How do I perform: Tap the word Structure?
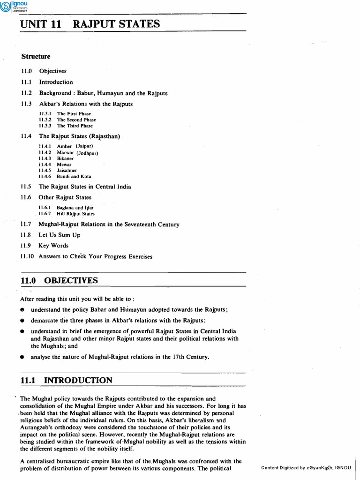pyautogui.click(x=36, y=57)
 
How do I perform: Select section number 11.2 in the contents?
pyautogui.click(x=25, y=93)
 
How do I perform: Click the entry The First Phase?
pyautogui.click(x=74, y=114)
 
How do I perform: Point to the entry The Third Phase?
pyautogui.click(x=75, y=126)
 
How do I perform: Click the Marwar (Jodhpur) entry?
pyautogui.click(x=77, y=153)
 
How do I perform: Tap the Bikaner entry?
pyautogui.click(x=65, y=158)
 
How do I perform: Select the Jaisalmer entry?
pyautogui.click(x=67, y=171)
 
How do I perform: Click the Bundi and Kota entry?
pyautogui.click(x=72, y=177)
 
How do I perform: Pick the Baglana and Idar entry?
pyautogui.click(x=75, y=208)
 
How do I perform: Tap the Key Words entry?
pyautogui.click(x=53, y=246)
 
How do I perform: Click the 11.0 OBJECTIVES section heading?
pyautogui.click(x=59, y=281)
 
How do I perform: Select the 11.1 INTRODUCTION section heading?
pyautogui.click(x=66, y=380)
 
